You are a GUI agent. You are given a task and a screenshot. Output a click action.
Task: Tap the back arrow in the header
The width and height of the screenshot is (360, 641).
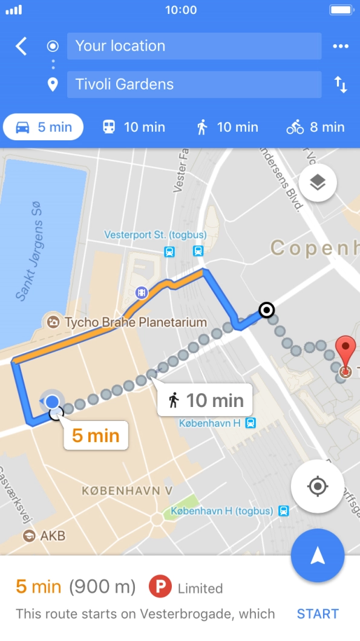21,46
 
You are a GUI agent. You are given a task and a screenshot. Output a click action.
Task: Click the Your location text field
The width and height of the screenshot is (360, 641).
194,46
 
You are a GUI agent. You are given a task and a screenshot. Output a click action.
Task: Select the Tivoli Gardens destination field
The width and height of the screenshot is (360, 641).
194,84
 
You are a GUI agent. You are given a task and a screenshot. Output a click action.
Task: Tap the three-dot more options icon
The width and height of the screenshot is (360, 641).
341,47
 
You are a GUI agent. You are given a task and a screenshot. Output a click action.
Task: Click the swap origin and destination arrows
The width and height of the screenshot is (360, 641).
341,85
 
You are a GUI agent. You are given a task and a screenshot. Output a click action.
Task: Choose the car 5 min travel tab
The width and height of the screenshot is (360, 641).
44,127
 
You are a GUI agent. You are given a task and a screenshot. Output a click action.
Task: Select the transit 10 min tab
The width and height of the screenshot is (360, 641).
134,127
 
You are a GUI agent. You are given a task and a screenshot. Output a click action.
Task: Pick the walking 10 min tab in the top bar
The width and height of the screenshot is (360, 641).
227,127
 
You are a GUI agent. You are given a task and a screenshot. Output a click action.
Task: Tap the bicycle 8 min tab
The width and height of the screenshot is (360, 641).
315,127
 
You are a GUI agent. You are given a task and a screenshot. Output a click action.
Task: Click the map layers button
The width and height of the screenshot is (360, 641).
318,182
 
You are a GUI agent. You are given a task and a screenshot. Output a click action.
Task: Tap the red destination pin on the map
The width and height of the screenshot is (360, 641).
345,354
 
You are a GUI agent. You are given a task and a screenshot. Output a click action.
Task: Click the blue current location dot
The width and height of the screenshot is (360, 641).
53,402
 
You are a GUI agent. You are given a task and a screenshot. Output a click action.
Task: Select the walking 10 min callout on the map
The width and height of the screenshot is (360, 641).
205,400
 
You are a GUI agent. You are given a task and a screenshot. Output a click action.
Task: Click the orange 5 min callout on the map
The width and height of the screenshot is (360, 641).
96,435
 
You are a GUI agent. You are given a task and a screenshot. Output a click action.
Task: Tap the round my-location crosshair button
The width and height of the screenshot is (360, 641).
318,487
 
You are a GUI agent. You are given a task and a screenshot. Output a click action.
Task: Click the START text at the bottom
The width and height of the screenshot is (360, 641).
318,614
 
